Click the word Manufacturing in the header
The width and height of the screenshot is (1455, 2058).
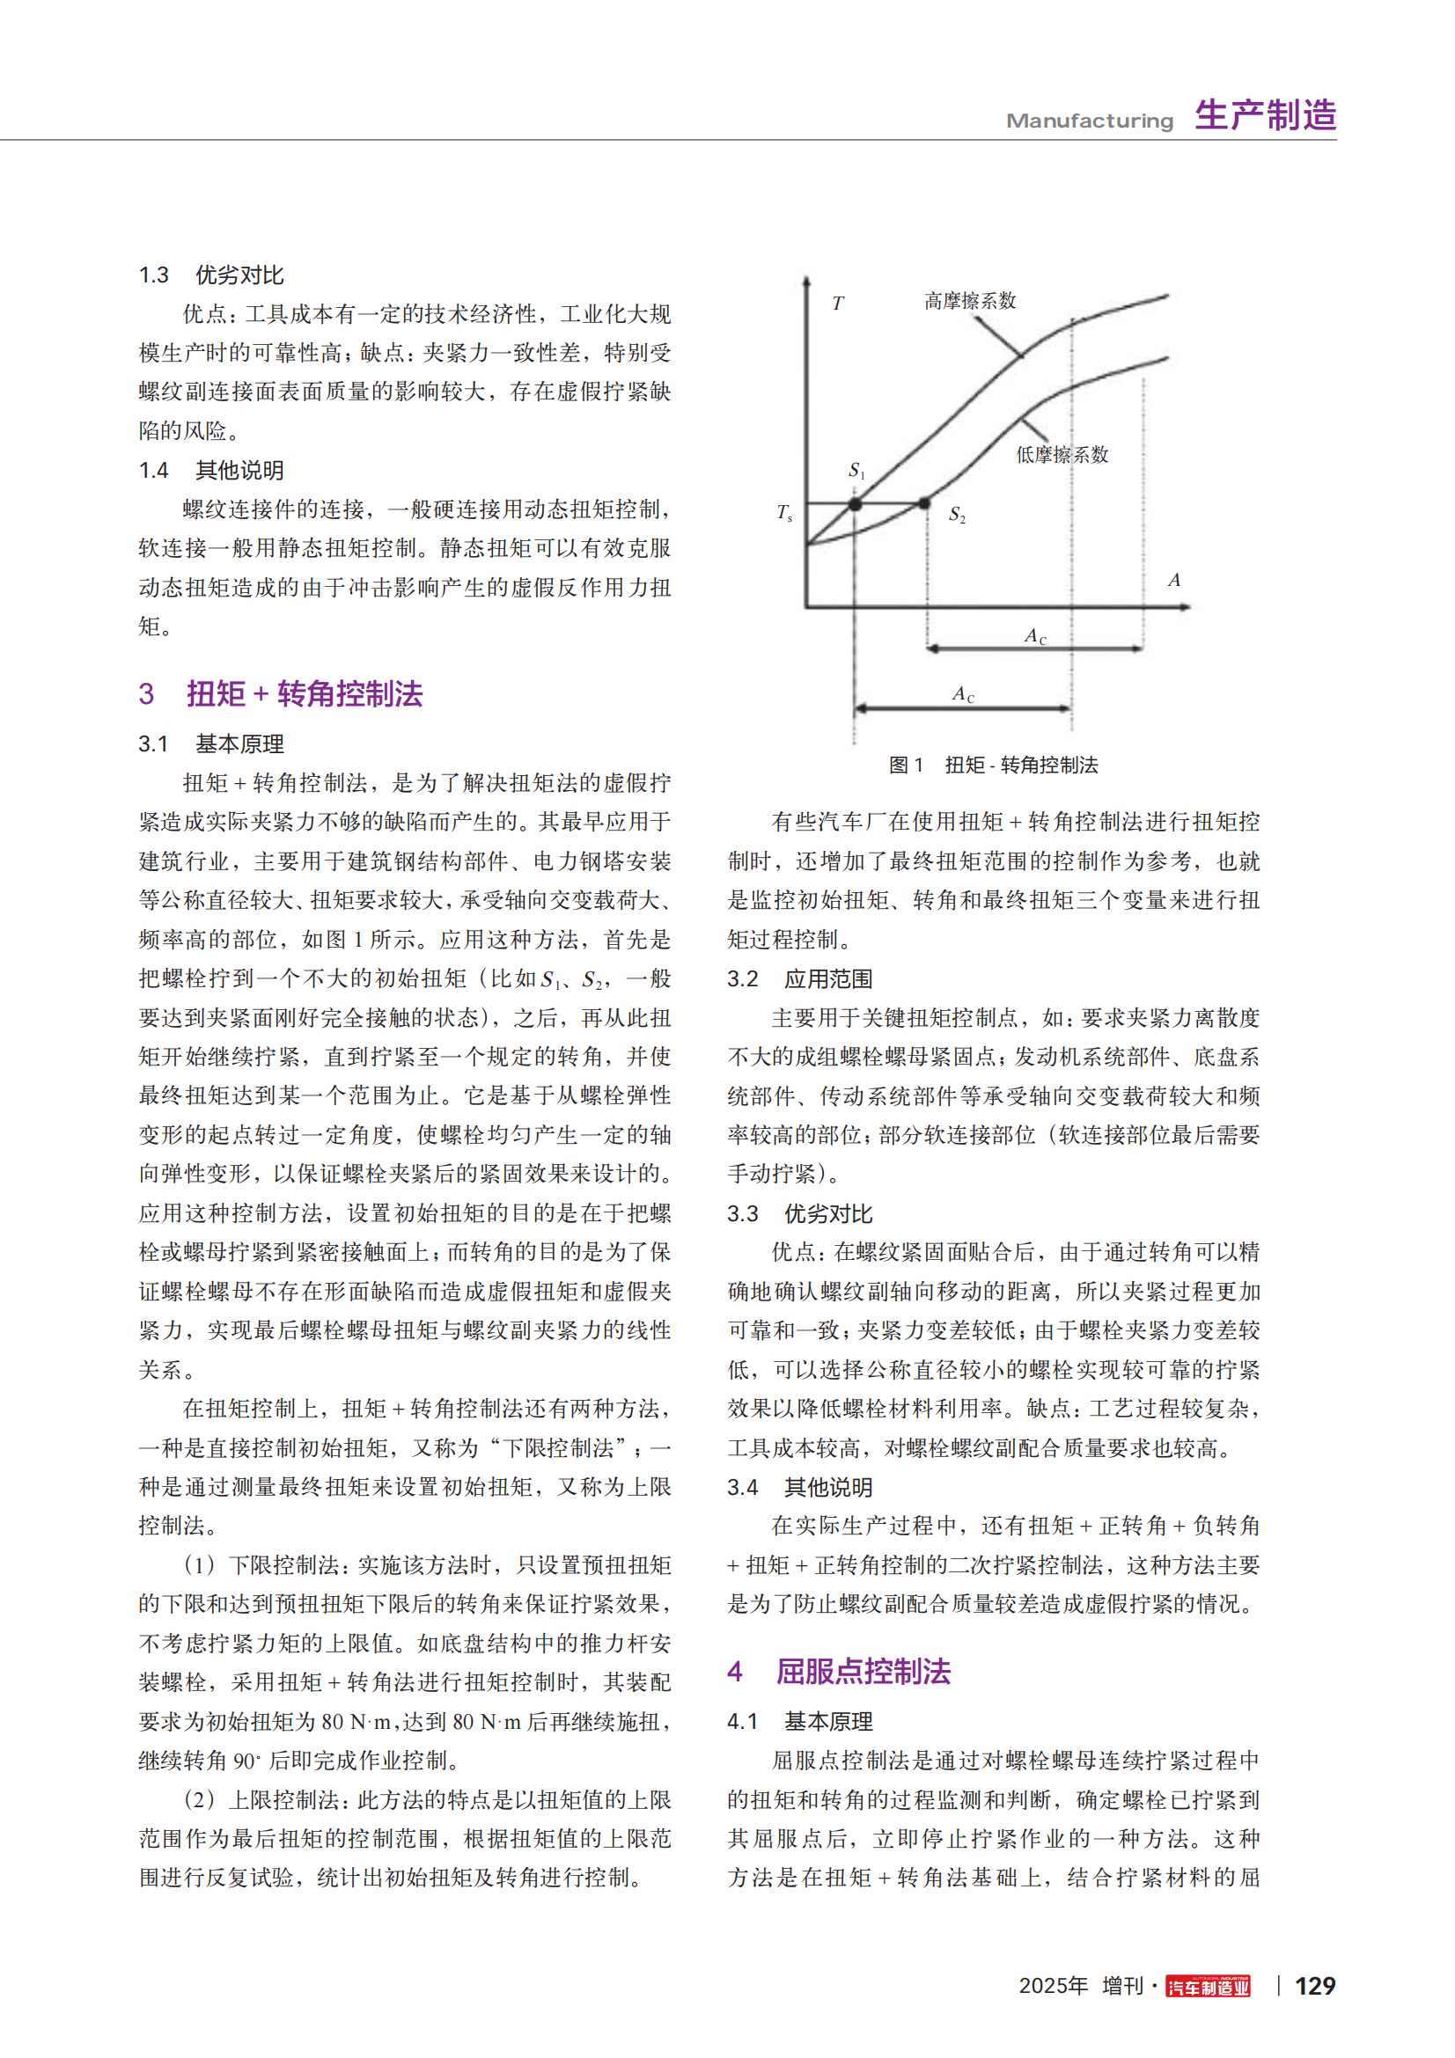tap(1089, 121)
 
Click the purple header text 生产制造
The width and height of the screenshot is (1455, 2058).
tap(1265, 115)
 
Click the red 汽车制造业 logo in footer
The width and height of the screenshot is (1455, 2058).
tap(1208, 1988)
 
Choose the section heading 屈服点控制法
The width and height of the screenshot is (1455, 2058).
tap(863, 1672)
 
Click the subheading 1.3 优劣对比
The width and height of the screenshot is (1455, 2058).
tap(210, 275)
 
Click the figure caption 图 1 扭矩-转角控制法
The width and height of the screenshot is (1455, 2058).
tap(993, 765)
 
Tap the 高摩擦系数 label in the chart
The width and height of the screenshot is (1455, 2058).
tap(970, 301)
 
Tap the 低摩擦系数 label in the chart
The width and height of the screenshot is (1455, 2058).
tap(1062, 454)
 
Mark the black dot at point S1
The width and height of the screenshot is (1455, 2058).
tap(856, 505)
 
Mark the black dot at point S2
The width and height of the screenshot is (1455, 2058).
tap(925, 504)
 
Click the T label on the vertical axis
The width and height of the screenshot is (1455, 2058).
tap(837, 304)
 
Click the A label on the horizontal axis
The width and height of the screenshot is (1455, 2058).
tap(1173, 580)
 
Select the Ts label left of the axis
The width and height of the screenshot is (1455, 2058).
tap(784, 512)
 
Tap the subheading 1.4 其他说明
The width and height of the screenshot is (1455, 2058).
tap(210, 470)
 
